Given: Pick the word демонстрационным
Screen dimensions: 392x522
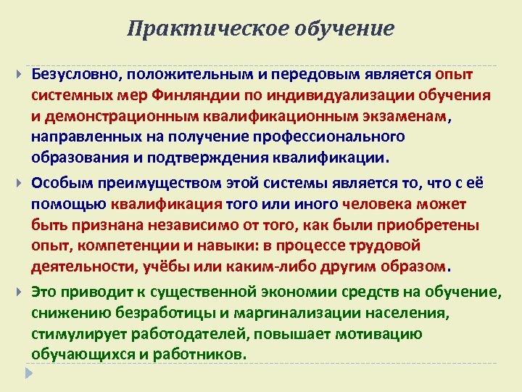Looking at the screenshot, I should point(126,116).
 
